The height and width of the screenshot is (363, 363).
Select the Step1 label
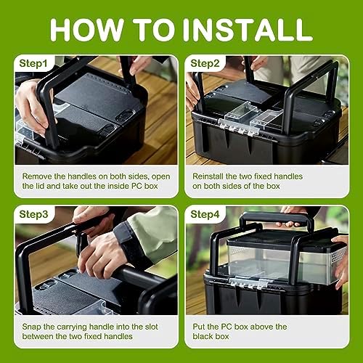(x=33, y=63)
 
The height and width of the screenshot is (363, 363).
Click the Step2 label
(x=205, y=63)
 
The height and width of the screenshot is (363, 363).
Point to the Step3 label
(x=33, y=214)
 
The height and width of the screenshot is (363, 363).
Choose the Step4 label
(x=205, y=214)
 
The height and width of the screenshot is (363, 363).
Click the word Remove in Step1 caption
(x=37, y=176)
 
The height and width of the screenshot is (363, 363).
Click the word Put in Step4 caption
(x=199, y=327)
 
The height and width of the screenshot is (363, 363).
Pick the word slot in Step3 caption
(x=151, y=327)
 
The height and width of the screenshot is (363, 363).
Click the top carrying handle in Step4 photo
(x=277, y=219)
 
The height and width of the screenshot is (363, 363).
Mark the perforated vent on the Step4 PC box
(x=338, y=255)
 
